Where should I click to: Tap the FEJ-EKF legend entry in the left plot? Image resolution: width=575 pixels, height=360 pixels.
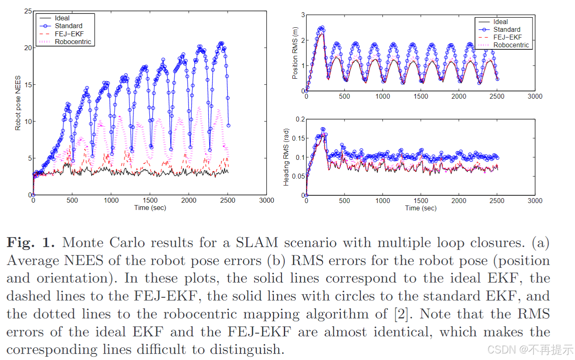coord(69,34)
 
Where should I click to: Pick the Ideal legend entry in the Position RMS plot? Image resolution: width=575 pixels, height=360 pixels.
coord(500,22)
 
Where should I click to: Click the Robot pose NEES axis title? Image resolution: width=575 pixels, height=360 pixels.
coord(18,103)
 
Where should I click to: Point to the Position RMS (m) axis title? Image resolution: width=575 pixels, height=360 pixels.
coord(295,53)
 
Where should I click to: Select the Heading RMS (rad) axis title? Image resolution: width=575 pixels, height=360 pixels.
coord(286,157)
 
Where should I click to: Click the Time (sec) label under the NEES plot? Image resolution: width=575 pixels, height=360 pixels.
coord(150,208)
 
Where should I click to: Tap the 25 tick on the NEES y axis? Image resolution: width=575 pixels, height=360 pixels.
coord(28,11)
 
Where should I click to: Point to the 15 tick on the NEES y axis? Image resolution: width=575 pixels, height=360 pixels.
coord(28,85)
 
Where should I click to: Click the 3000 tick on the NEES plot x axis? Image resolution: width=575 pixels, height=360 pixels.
coord(266,200)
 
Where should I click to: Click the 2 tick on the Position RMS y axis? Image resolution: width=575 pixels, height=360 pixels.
coord(303,40)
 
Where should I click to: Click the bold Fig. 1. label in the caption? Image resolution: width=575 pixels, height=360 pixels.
coord(31,243)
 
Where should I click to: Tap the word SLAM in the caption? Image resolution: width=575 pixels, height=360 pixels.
coord(257,243)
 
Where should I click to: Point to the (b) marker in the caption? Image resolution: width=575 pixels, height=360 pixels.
coord(276,261)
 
